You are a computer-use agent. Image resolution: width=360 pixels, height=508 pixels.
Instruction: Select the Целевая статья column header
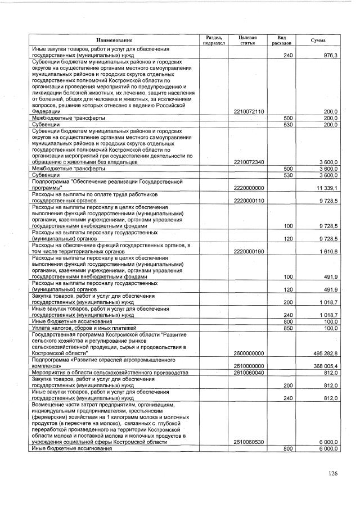(x=247, y=40)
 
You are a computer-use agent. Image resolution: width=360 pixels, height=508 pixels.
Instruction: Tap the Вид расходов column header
(x=281, y=40)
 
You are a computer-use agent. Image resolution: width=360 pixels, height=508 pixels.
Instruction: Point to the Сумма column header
(x=318, y=40)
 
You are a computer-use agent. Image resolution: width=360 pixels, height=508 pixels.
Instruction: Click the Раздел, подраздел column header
(x=214, y=40)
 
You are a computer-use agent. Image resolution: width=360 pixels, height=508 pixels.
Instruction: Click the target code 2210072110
(x=249, y=112)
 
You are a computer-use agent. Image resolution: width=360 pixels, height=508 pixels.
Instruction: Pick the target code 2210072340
(x=249, y=162)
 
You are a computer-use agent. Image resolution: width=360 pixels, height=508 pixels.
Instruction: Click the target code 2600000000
(x=249, y=353)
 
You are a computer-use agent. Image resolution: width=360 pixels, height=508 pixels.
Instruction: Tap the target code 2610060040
(x=249, y=372)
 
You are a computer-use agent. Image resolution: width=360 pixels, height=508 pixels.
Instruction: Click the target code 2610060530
(x=249, y=442)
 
